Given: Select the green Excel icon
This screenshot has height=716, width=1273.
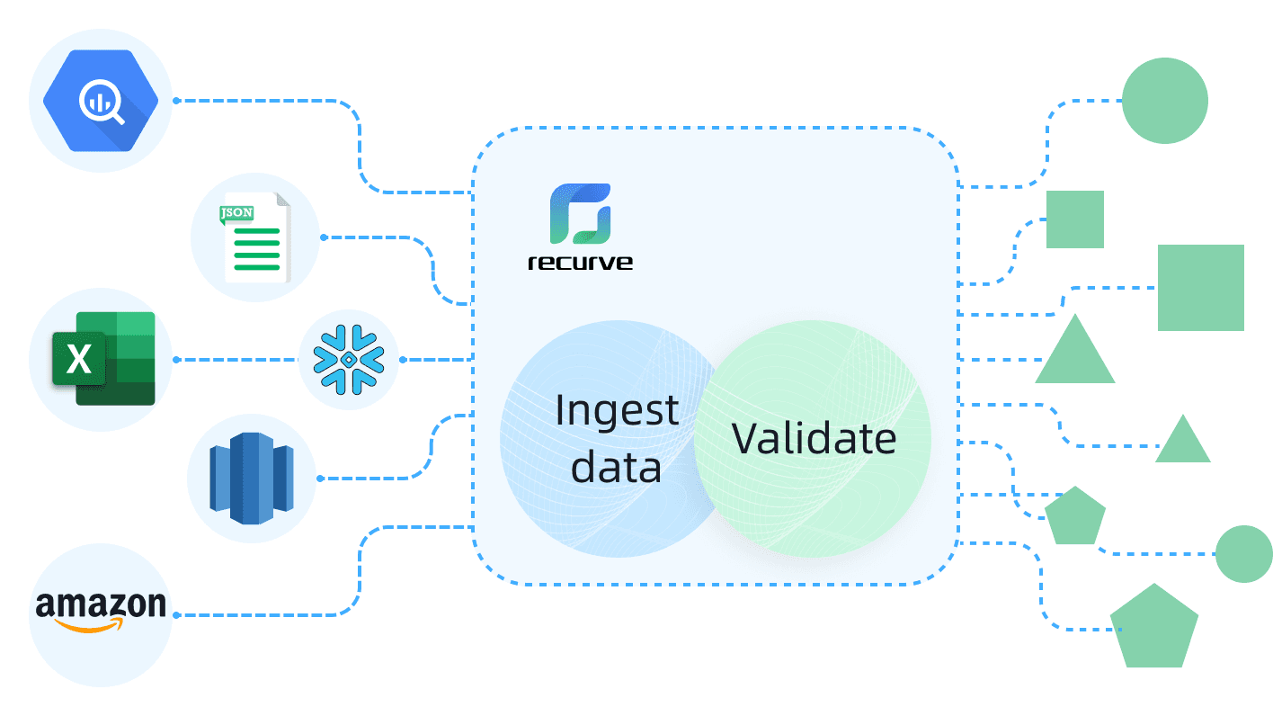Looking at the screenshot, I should [x=102, y=359].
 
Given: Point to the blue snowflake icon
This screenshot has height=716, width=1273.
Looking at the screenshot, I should [x=348, y=359].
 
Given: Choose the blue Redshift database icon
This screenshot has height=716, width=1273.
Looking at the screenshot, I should [x=252, y=479].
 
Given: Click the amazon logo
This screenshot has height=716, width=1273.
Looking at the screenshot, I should [x=101, y=606].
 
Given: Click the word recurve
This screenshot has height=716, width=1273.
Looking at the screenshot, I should [x=579, y=263].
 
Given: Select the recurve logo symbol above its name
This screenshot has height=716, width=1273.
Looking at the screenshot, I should [x=580, y=214].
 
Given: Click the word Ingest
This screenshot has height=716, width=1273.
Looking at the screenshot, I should [x=617, y=410].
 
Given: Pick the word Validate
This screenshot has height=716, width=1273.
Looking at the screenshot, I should [x=814, y=439].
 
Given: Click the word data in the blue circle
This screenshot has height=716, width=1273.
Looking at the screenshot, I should [x=617, y=468].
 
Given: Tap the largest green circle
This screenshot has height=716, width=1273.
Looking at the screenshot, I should [x=1164, y=100].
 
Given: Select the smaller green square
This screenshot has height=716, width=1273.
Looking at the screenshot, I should [x=1075, y=219].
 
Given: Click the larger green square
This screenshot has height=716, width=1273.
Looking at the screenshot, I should [x=1200, y=288].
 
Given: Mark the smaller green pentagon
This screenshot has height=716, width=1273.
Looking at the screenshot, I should [x=1075, y=516].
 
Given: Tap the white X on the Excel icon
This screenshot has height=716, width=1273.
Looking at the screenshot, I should [x=79, y=360].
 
